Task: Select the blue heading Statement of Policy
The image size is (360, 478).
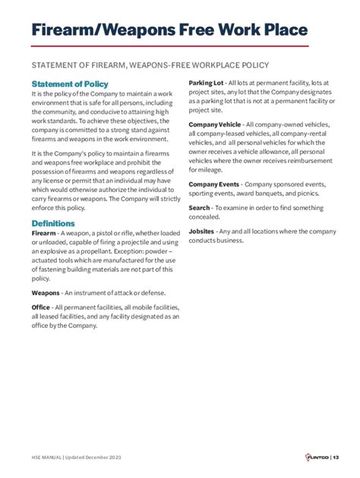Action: (70, 83)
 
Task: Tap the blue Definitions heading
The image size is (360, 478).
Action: (52, 223)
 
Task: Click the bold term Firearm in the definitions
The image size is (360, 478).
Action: (43, 234)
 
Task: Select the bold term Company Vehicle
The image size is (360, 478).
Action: (215, 124)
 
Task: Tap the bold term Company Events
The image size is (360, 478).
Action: (214, 184)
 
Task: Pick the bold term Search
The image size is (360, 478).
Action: (200, 207)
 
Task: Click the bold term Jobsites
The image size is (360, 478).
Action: (201, 231)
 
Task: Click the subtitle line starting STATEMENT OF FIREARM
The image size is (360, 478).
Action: (149, 64)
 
